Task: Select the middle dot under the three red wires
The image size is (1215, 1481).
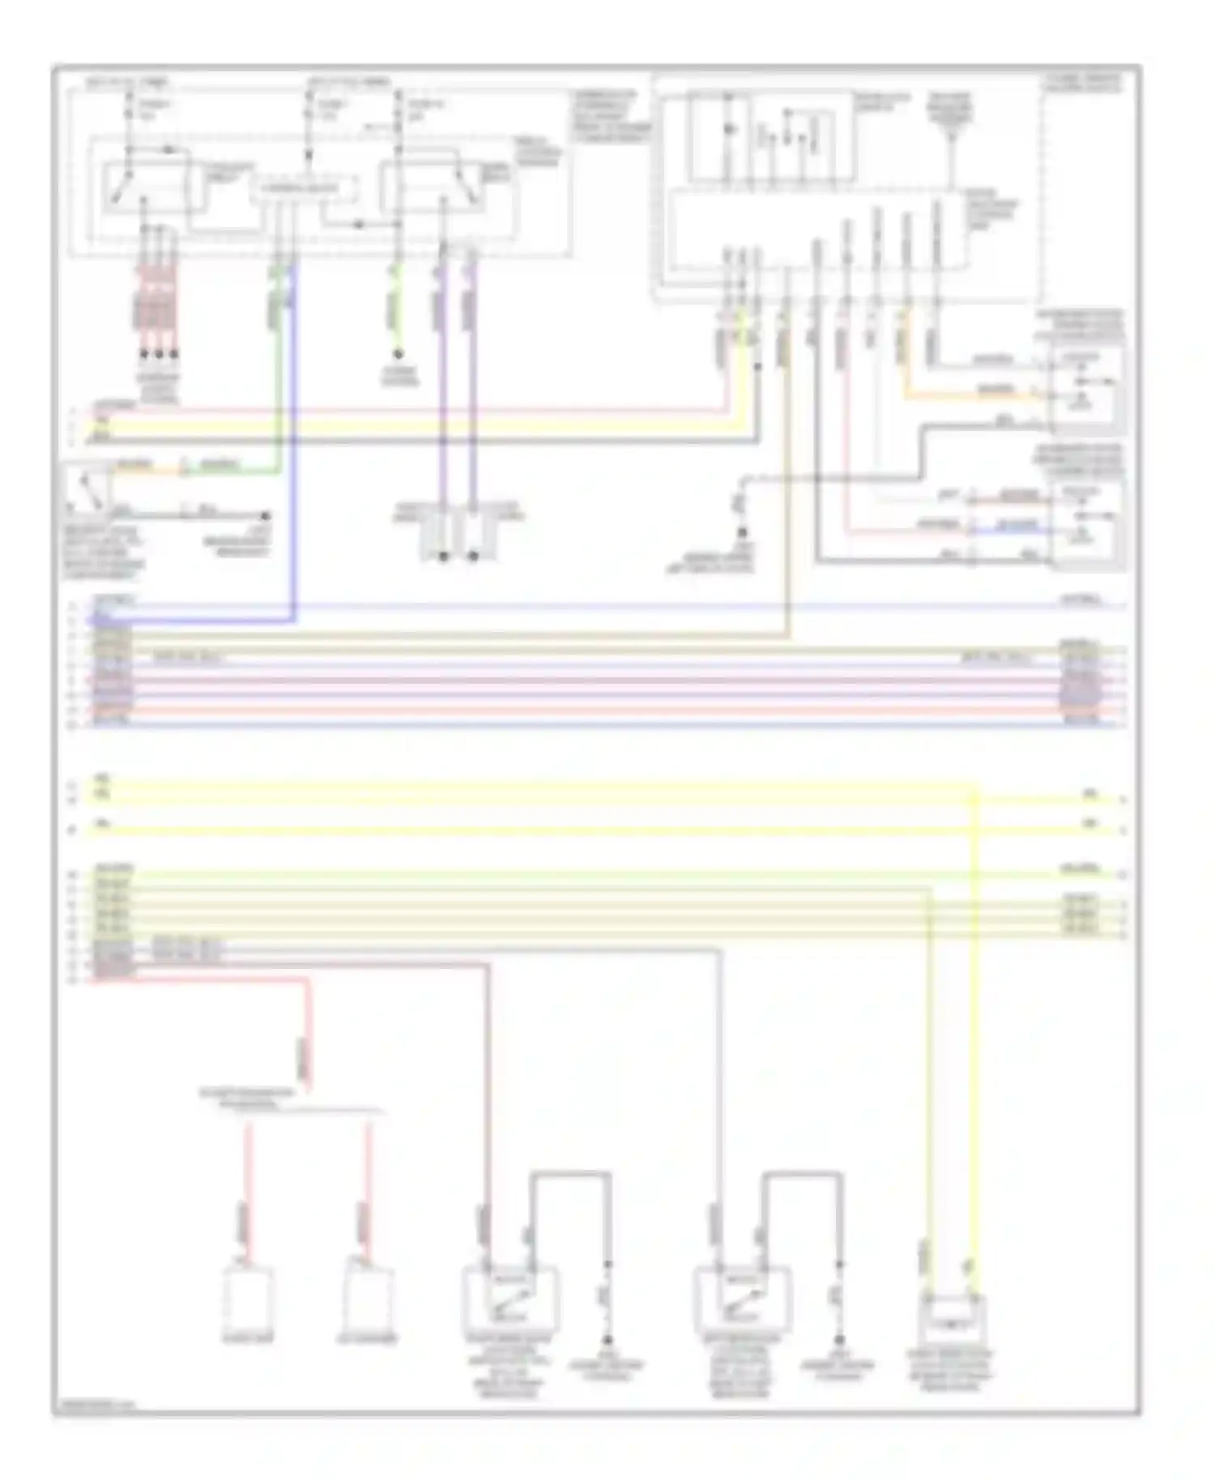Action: coord(160,354)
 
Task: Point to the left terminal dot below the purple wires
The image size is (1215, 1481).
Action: coord(443,557)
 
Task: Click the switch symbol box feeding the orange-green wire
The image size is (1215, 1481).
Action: coord(89,489)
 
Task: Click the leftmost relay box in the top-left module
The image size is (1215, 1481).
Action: coord(146,188)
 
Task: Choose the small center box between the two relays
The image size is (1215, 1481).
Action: coord(305,191)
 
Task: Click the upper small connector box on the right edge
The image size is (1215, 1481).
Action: coord(1086,382)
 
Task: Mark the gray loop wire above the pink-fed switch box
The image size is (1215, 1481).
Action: coord(571,1173)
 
